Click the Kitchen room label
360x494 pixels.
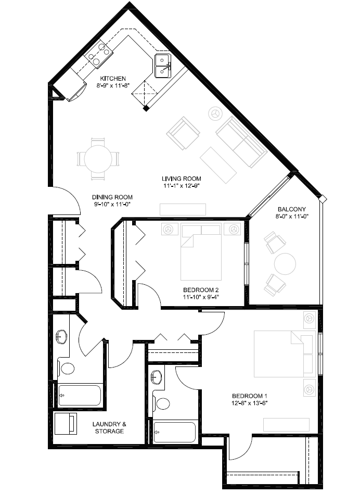click(x=113, y=79)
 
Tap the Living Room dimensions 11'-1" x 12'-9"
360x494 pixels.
click(x=182, y=185)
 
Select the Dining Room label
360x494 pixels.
click(x=112, y=197)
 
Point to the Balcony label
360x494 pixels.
click(x=292, y=209)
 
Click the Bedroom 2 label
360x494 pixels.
click(x=201, y=290)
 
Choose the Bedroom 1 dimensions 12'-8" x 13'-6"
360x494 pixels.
click(x=249, y=402)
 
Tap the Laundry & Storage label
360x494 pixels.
click(x=109, y=427)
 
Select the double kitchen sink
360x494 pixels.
click(x=163, y=66)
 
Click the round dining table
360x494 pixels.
click(x=98, y=158)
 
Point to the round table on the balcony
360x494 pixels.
click(x=285, y=264)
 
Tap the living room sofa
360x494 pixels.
click(x=241, y=143)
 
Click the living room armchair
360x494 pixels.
click(x=183, y=133)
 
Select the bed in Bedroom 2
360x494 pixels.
click(x=201, y=251)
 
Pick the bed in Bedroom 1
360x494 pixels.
click(x=285, y=353)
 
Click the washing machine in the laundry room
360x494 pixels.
click(x=66, y=424)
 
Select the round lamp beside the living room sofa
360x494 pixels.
click(x=215, y=113)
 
